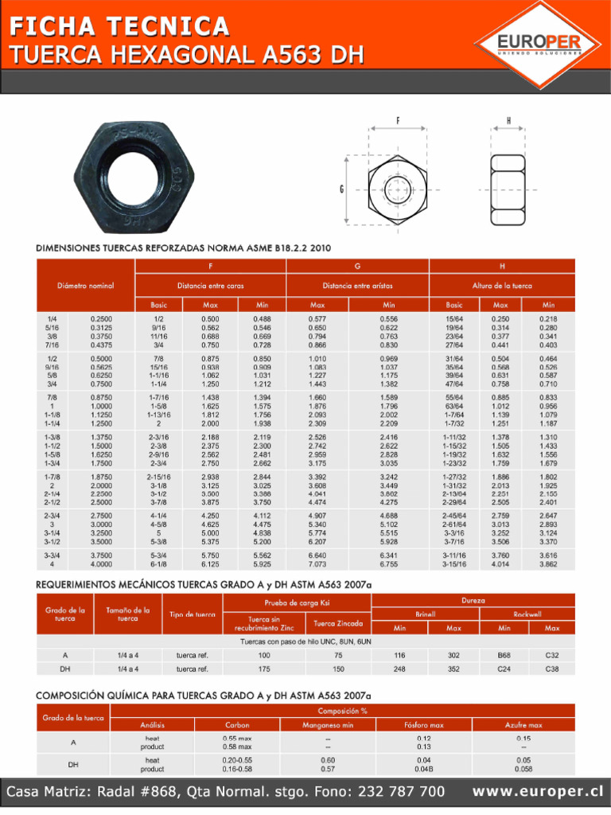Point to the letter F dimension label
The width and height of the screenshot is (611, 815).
(x=397, y=120)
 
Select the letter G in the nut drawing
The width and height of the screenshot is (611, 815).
(x=341, y=189)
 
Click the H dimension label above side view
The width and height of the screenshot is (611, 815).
(x=508, y=120)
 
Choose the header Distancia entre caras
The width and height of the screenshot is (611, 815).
(x=211, y=285)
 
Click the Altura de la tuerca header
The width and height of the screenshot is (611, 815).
(x=502, y=285)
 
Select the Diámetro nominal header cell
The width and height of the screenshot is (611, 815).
(x=85, y=285)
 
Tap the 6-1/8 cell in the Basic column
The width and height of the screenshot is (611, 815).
(x=158, y=564)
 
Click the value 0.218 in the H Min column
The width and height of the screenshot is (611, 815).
(x=548, y=319)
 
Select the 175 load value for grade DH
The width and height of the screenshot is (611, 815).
(x=263, y=669)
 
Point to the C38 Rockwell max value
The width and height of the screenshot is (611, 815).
(x=551, y=669)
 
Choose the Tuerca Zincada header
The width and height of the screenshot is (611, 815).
(x=338, y=623)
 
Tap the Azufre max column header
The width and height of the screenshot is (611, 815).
(x=523, y=725)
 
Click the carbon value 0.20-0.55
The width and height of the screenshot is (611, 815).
(x=236, y=760)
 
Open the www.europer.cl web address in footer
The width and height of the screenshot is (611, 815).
(x=537, y=792)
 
